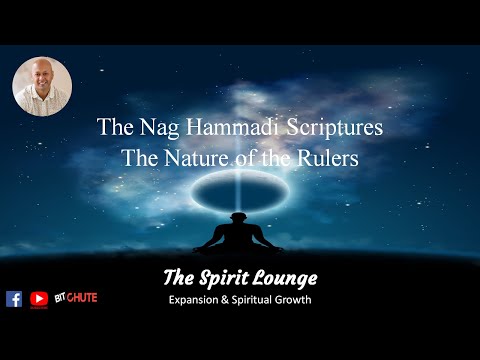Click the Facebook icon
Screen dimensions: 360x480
pyautogui.click(x=14, y=298)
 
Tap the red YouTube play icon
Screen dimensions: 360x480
pyautogui.click(x=39, y=298)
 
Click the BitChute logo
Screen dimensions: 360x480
pyautogui.click(x=76, y=298)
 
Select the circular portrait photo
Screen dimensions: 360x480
pyautogui.click(x=42, y=86)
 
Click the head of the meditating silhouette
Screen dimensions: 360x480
pyautogui.click(x=241, y=215)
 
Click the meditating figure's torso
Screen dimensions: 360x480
pyautogui.click(x=241, y=235)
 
